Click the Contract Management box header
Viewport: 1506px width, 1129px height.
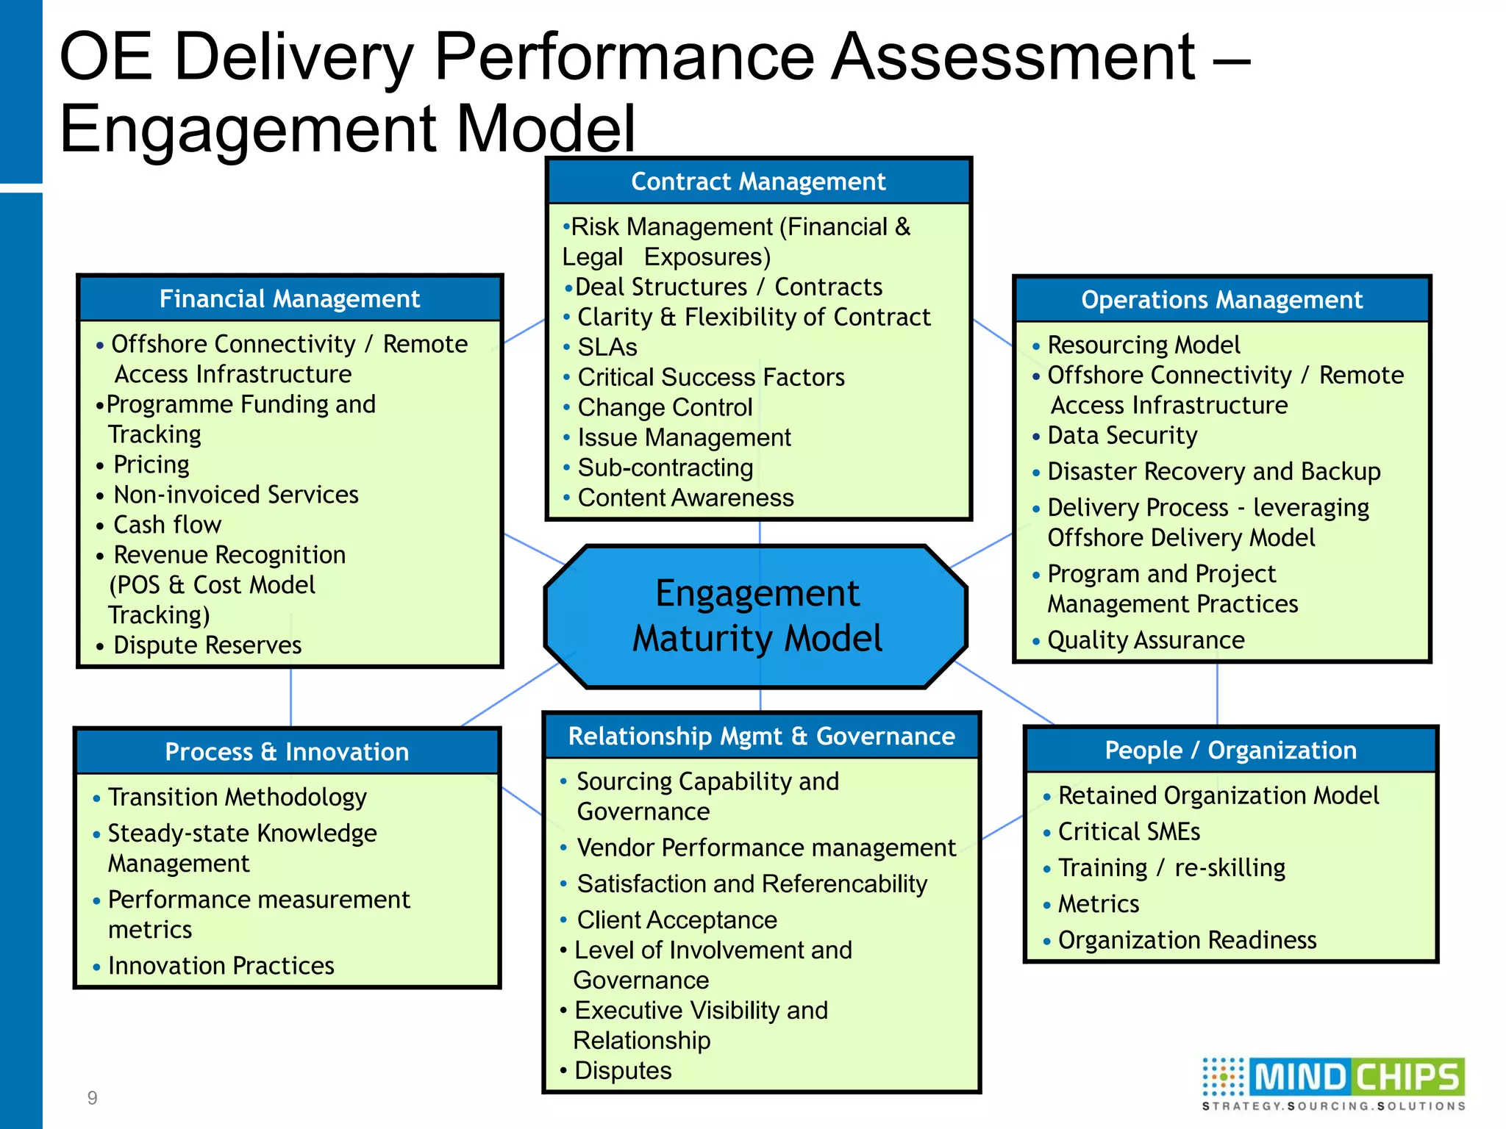758,182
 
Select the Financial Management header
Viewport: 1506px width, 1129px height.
290,299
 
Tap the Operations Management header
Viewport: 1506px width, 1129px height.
1221,300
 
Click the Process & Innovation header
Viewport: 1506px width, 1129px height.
287,752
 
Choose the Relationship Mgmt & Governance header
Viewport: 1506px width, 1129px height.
761,736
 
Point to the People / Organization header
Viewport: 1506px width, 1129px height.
1230,750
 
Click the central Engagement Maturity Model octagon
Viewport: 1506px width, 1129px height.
757,616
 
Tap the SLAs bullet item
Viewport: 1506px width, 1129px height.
607,347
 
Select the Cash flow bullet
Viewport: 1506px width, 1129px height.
167,525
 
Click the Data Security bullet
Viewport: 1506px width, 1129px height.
1121,435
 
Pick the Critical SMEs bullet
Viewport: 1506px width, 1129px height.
1128,831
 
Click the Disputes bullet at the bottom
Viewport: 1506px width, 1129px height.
622,1071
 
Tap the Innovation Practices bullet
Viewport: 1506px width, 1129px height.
221,966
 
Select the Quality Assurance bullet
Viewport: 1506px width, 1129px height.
1145,640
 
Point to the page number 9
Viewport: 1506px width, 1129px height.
92,1098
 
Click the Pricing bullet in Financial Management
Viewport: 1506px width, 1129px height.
151,465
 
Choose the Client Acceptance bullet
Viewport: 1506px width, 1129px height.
677,920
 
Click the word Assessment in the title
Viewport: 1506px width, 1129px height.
1013,57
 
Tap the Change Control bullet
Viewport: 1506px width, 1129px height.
665,407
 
